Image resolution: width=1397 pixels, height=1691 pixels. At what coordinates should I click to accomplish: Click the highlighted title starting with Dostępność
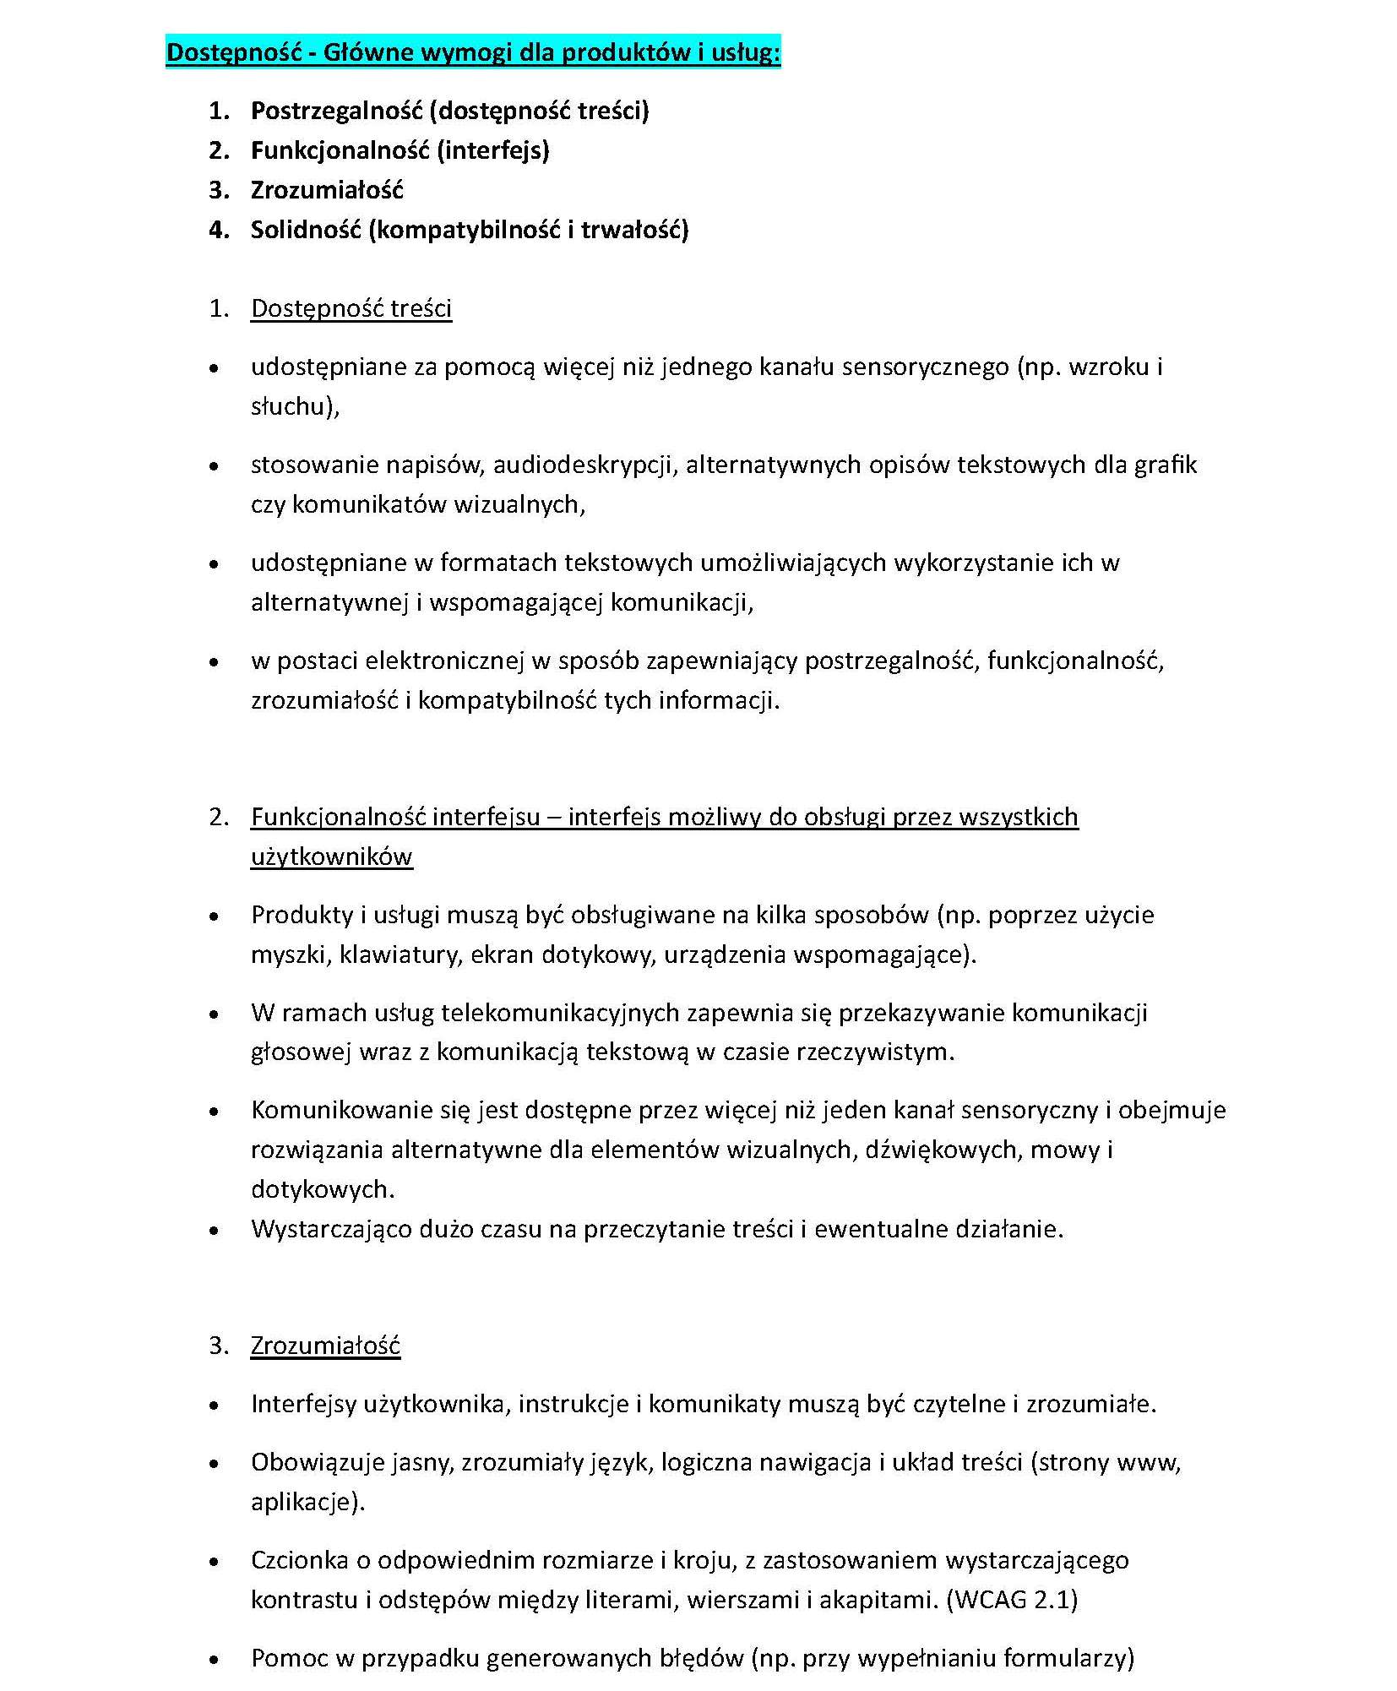473,52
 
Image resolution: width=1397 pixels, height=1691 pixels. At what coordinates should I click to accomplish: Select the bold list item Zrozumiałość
327,190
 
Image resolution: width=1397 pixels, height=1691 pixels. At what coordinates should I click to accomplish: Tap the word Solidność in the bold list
306,230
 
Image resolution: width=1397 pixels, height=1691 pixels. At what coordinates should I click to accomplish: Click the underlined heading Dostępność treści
351,309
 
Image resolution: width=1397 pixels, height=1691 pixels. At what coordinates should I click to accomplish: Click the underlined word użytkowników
331,856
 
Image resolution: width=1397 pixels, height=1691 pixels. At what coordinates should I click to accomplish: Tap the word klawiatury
400,954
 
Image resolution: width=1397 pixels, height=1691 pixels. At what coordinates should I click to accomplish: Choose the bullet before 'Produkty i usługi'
215,916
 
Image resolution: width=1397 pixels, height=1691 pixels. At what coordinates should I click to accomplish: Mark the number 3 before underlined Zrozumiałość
218,1346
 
